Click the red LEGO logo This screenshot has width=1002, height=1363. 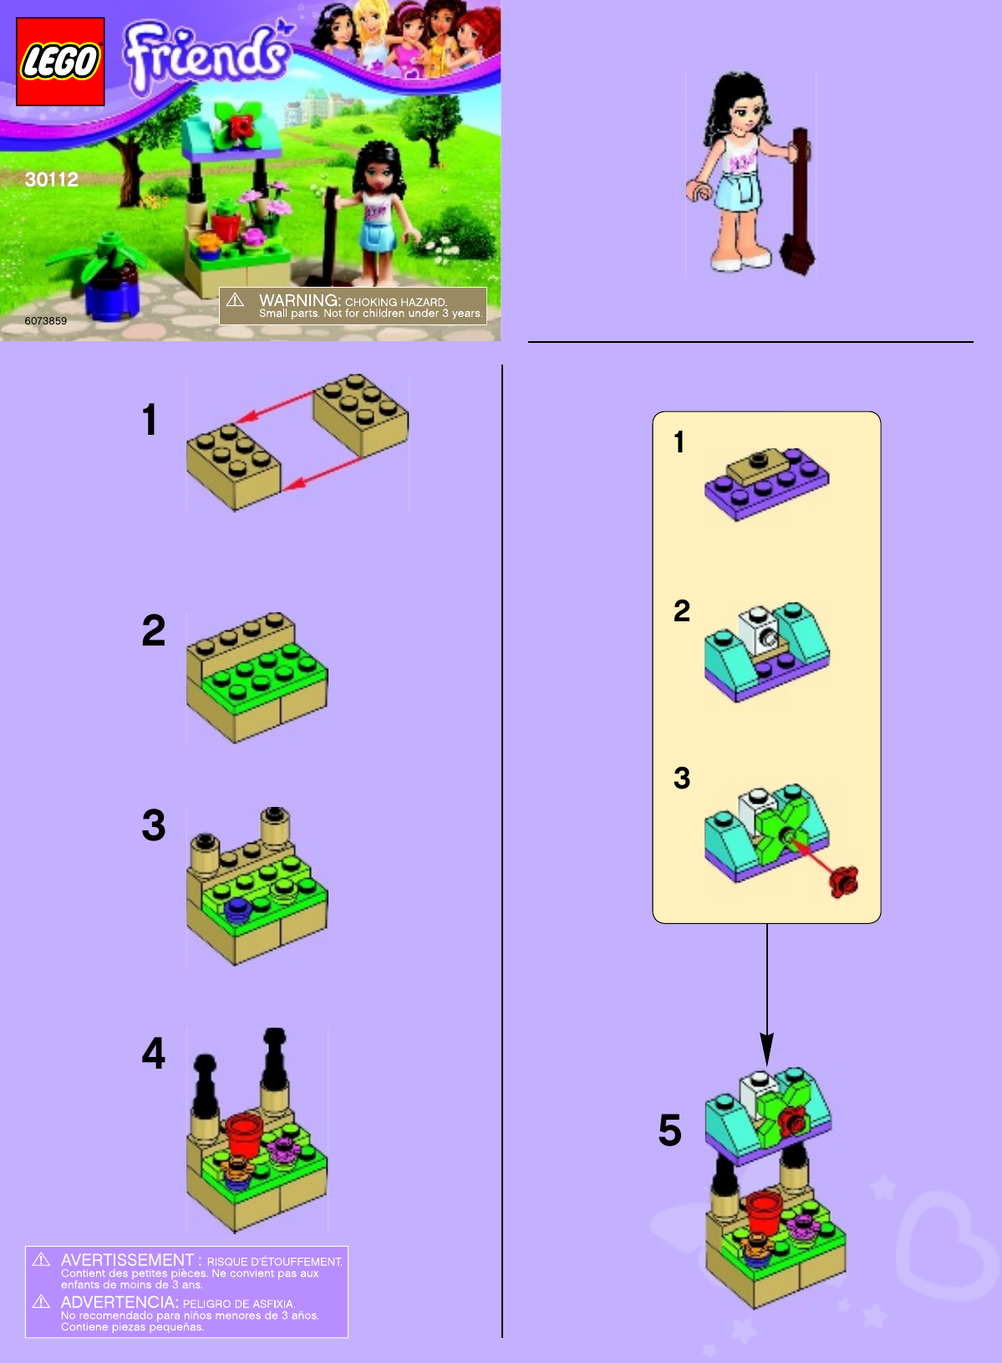click(60, 61)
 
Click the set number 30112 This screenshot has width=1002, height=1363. click(52, 180)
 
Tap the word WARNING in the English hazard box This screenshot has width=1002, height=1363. click(299, 300)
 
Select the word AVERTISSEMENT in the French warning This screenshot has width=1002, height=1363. click(127, 1259)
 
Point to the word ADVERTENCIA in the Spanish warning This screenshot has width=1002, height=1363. click(120, 1302)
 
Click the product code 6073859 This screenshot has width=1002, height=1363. click(46, 320)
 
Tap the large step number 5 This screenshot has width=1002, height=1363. click(670, 1131)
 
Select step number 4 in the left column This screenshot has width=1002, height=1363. click(153, 1054)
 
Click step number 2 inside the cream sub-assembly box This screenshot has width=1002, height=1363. click(682, 611)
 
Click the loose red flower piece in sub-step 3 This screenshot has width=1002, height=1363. click(843, 881)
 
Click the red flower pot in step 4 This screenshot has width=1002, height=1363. click(244, 1135)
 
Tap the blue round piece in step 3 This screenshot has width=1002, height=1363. click(237, 911)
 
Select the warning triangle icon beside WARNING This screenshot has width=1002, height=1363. click(236, 299)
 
